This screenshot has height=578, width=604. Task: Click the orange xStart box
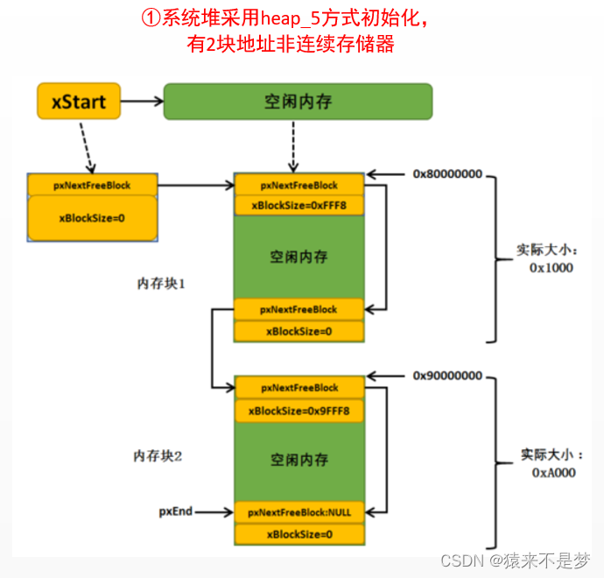pos(77,102)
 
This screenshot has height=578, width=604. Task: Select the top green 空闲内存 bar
pos(298,102)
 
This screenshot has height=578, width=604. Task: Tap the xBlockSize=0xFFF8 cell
pos(298,206)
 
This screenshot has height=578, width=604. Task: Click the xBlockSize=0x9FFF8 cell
pos(298,411)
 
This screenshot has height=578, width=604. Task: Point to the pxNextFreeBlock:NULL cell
pos(298,512)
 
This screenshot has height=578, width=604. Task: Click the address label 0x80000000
pos(447,174)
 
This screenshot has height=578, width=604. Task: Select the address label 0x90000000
pos(447,376)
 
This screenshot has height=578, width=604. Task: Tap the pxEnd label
pos(175,511)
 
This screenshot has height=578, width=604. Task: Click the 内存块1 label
pos(161,284)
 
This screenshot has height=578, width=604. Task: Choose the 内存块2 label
pos(158,456)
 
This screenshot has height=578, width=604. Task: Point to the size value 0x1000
pos(551,267)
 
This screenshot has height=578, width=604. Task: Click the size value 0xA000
pos(553,472)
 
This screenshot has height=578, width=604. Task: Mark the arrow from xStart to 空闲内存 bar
pos(140,102)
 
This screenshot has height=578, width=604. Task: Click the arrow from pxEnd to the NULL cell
pos(215,511)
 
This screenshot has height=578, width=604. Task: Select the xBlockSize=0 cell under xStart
pos(92,217)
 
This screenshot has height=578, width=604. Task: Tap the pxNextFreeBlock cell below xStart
pos(92,185)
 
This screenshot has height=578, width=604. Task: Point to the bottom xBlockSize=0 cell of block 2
pos(298,534)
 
